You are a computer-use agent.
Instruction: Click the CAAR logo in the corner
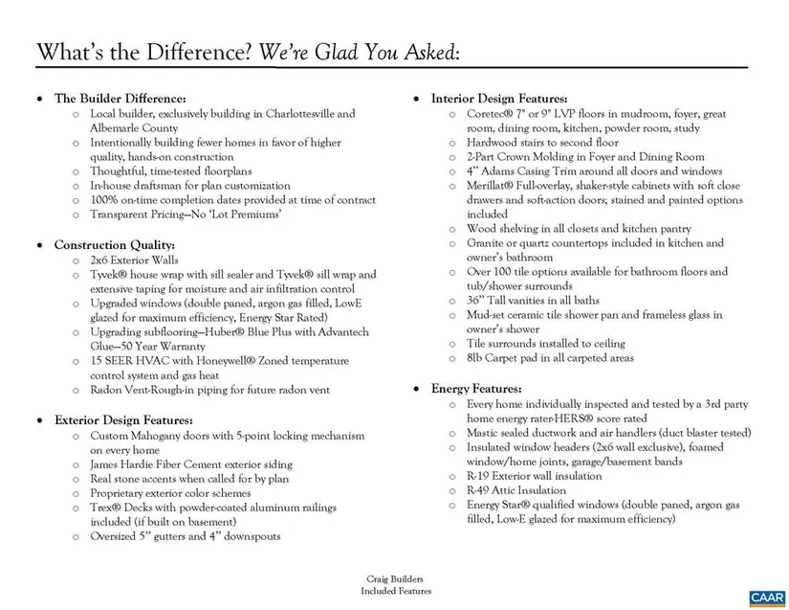pos(767,597)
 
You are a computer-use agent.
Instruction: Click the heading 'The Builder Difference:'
pos(120,99)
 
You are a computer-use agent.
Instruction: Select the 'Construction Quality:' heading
pos(114,245)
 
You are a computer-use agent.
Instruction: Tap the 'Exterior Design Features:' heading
pos(123,419)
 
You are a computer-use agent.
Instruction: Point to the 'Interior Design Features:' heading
pos(499,99)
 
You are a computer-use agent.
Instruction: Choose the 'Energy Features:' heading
pos(475,389)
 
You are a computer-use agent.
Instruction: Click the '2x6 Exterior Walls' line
pos(134,260)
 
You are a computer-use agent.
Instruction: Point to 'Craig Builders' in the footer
pos(394,579)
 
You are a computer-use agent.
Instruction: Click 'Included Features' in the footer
pos(394,591)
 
